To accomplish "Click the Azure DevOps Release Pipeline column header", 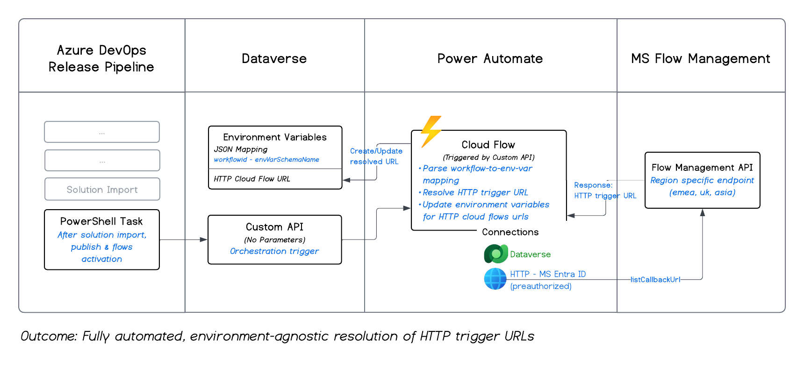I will (x=101, y=58).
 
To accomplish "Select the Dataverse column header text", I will (x=274, y=59).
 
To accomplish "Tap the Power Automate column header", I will (x=490, y=59).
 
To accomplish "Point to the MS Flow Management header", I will (x=700, y=59).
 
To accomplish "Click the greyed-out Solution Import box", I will (x=102, y=190).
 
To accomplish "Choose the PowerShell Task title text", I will (x=101, y=221).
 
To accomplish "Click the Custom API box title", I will (x=274, y=227).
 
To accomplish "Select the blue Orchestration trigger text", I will (x=274, y=251).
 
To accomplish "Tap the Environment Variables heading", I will (x=274, y=137).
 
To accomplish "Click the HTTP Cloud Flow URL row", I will (x=252, y=179).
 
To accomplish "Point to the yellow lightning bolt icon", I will (x=431, y=131).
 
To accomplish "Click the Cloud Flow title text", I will (x=488, y=145).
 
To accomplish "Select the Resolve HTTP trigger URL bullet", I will (x=475, y=192).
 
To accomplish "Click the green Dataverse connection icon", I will (x=495, y=254).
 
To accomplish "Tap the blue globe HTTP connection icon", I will (x=495, y=279).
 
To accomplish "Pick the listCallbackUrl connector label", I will (x=655, y=280).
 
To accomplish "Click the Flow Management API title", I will (x=702, y=168).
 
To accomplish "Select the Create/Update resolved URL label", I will (x=376, y=156).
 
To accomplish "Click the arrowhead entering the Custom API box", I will (x=204, y=239).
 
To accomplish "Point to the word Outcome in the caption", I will (x=48, y=336).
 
